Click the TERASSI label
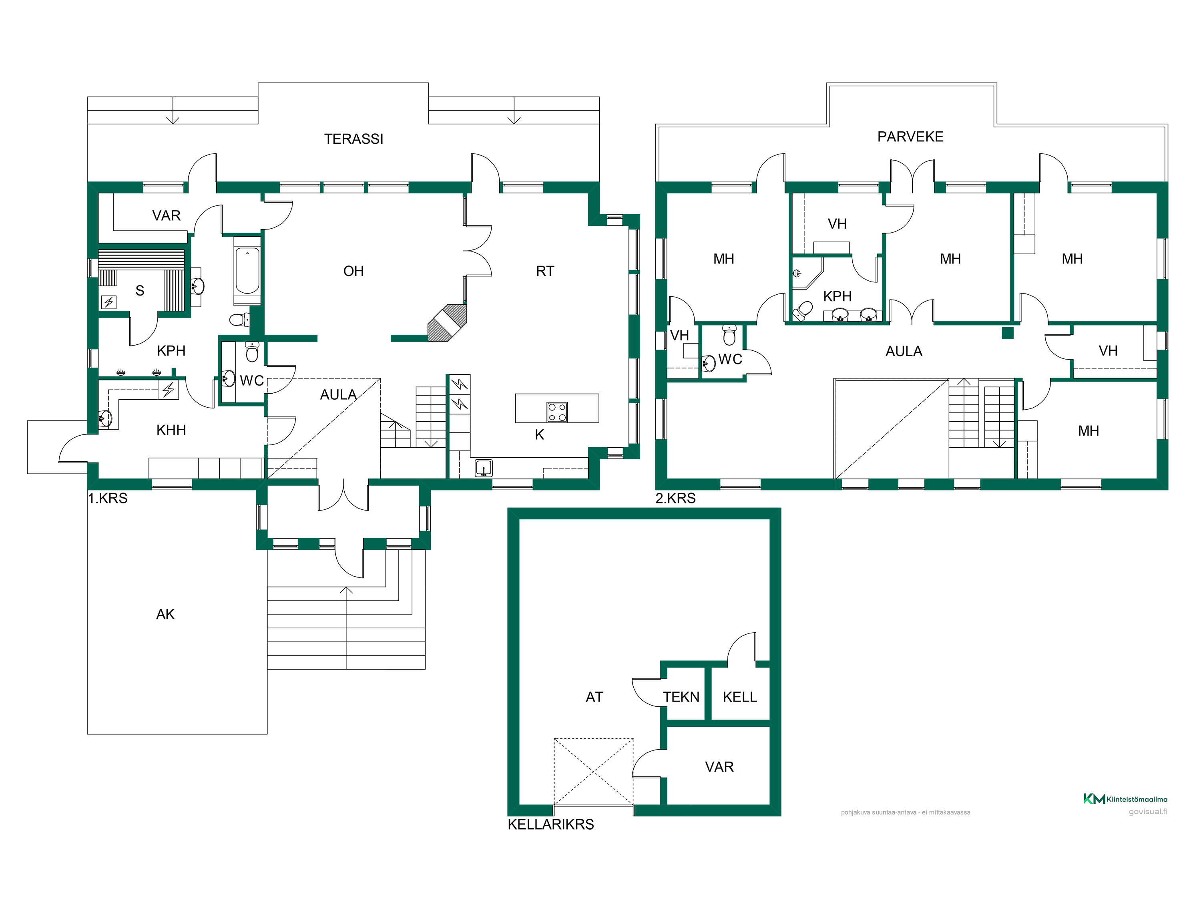click(x=353, y=139)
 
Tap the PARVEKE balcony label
click(x=910, y=137)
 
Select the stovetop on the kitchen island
click(x=557, y=412)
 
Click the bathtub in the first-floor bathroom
click(x=247, y=270)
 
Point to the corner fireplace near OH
click(x=447, y=323)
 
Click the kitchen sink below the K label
click(x=483, y=468)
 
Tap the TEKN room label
click(x=681, y=697)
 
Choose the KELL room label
click(x=739, y=697)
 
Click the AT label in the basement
click(x=594, y=697)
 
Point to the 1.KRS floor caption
click(x=108, y=498)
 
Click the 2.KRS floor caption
click(x=675, y=498)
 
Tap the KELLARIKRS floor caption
click(x=550, y=825)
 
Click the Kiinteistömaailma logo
click(x=1125, y=799)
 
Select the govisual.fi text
click(x=1148, y=812)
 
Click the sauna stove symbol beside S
click(x=108, y=302)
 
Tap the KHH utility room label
click(x=171, y=430)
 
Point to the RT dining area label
click(x=545, y=271)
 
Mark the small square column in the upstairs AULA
click(x=1008, y=333)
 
